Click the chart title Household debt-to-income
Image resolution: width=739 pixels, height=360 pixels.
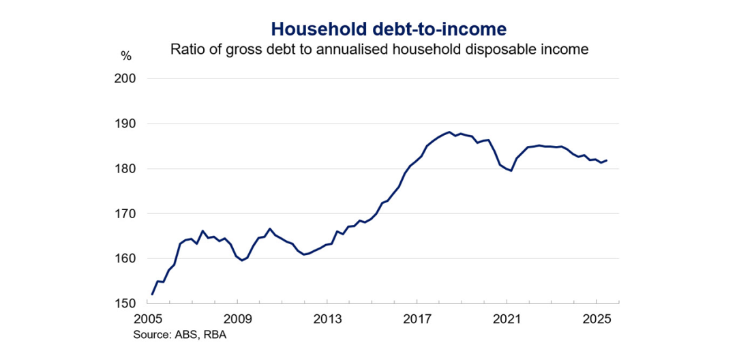[x=389, y=28]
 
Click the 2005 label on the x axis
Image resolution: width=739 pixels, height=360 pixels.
[x=148, y=319]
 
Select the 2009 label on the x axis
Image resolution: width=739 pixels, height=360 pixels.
[x=238, y=319]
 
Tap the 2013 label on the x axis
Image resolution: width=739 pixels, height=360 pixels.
[x=327, y=319]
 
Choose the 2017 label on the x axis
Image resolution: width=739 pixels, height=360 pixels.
[x=417, y=319]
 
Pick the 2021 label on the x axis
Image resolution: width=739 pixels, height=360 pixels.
[x=507, y=319]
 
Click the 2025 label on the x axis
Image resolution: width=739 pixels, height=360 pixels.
[x=597, y=319]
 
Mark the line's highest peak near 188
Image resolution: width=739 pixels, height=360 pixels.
[x=449, y=132]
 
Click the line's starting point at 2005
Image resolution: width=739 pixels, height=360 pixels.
[x=152, y=295]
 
